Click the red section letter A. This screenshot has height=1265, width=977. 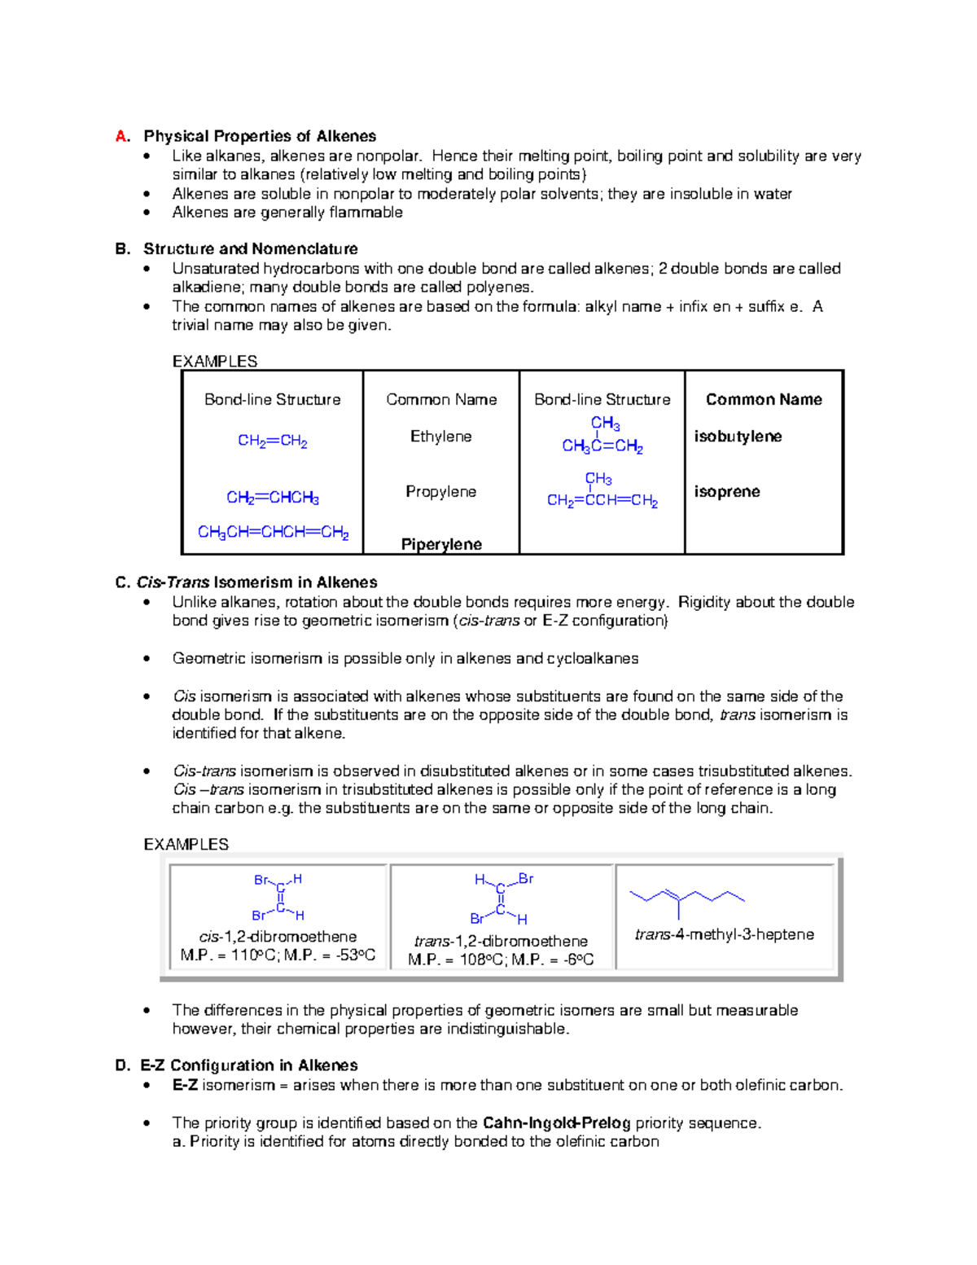(x=122, y=136)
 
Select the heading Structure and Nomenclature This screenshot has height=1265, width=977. (x=250, y=248)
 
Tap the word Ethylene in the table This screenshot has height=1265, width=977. (x=440, y=437)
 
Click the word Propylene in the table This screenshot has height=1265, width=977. (x=440, y=492)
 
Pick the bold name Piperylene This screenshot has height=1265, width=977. (x=441, y=544)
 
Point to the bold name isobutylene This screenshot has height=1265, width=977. (x=738, y=437)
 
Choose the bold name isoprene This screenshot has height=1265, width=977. (x=727, y=492)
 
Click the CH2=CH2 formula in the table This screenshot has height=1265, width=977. (x=272, y=441)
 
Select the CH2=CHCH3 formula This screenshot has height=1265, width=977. (x=272, y=498)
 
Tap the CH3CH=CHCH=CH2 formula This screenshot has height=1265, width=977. (x=273, y=533)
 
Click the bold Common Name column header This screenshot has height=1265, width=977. (x=764, y=399)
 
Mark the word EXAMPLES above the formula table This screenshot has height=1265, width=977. (x=215, y=361)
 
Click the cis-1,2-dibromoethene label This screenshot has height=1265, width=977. (x=278, y=937)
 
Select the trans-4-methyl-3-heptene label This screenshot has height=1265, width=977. (x=724, y=934)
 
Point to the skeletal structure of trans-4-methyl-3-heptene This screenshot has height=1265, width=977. (x=687, y=898)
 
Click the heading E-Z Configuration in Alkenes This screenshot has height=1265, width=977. (x=248, y=1065)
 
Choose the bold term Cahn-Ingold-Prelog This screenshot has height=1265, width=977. (x=556, y=1123)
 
